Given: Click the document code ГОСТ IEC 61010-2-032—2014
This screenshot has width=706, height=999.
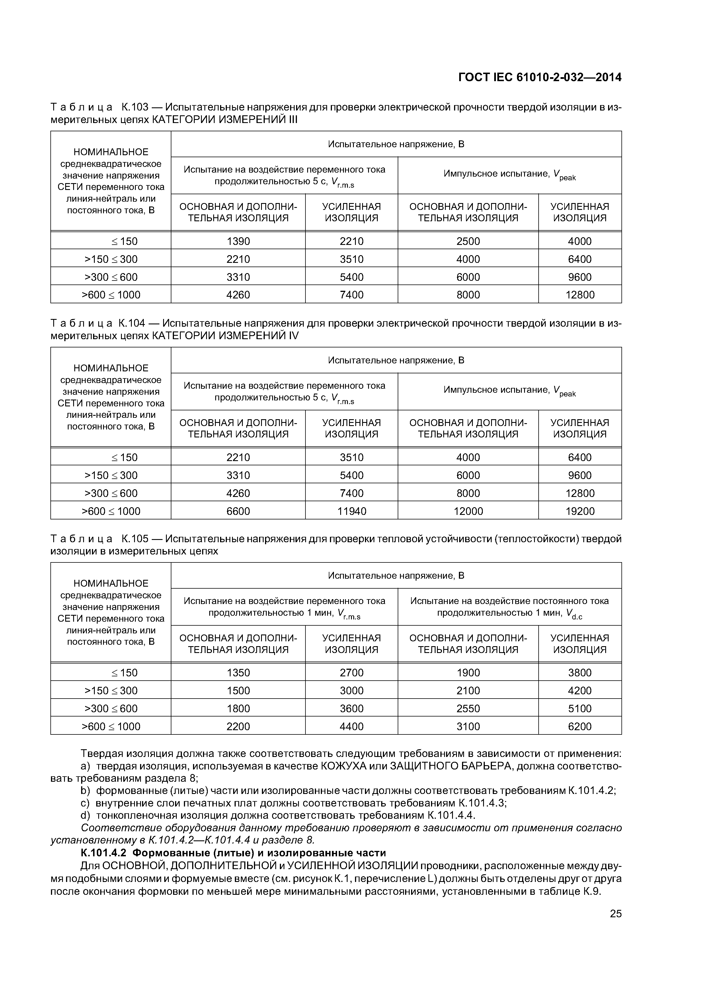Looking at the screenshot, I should [x=540, y=77].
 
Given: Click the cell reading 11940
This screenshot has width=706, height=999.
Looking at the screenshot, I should [x=352, y=511].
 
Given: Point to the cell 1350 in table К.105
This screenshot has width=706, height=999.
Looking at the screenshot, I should [x=238, y=673].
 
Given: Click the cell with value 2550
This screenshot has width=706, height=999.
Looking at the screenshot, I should [x=468, y=708].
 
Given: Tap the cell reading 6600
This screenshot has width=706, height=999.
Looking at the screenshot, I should [x=238, y=511].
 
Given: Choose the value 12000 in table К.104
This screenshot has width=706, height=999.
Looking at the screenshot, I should [x=468, y=511].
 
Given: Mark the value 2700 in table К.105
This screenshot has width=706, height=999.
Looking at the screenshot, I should [x=352, y=673].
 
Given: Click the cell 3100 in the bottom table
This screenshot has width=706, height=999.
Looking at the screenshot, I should [x=468, y=726].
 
